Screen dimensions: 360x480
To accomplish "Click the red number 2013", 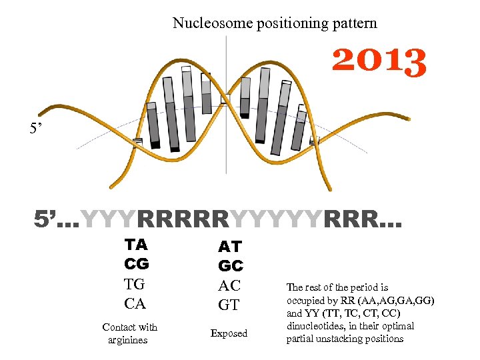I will [x=379, y=61].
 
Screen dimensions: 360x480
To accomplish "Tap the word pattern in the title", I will [x=355, y=23].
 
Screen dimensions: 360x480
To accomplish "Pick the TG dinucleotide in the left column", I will [x=135, y=284].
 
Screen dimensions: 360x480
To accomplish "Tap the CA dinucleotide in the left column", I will [x=135, y=304].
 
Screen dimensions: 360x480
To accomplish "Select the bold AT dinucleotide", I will [x=230, y=246].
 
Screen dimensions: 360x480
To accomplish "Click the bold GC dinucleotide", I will [x=231, y=266].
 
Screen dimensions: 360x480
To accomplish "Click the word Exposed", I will [x=229, y=333].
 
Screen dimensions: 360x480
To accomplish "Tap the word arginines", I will [x=127, y=341].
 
